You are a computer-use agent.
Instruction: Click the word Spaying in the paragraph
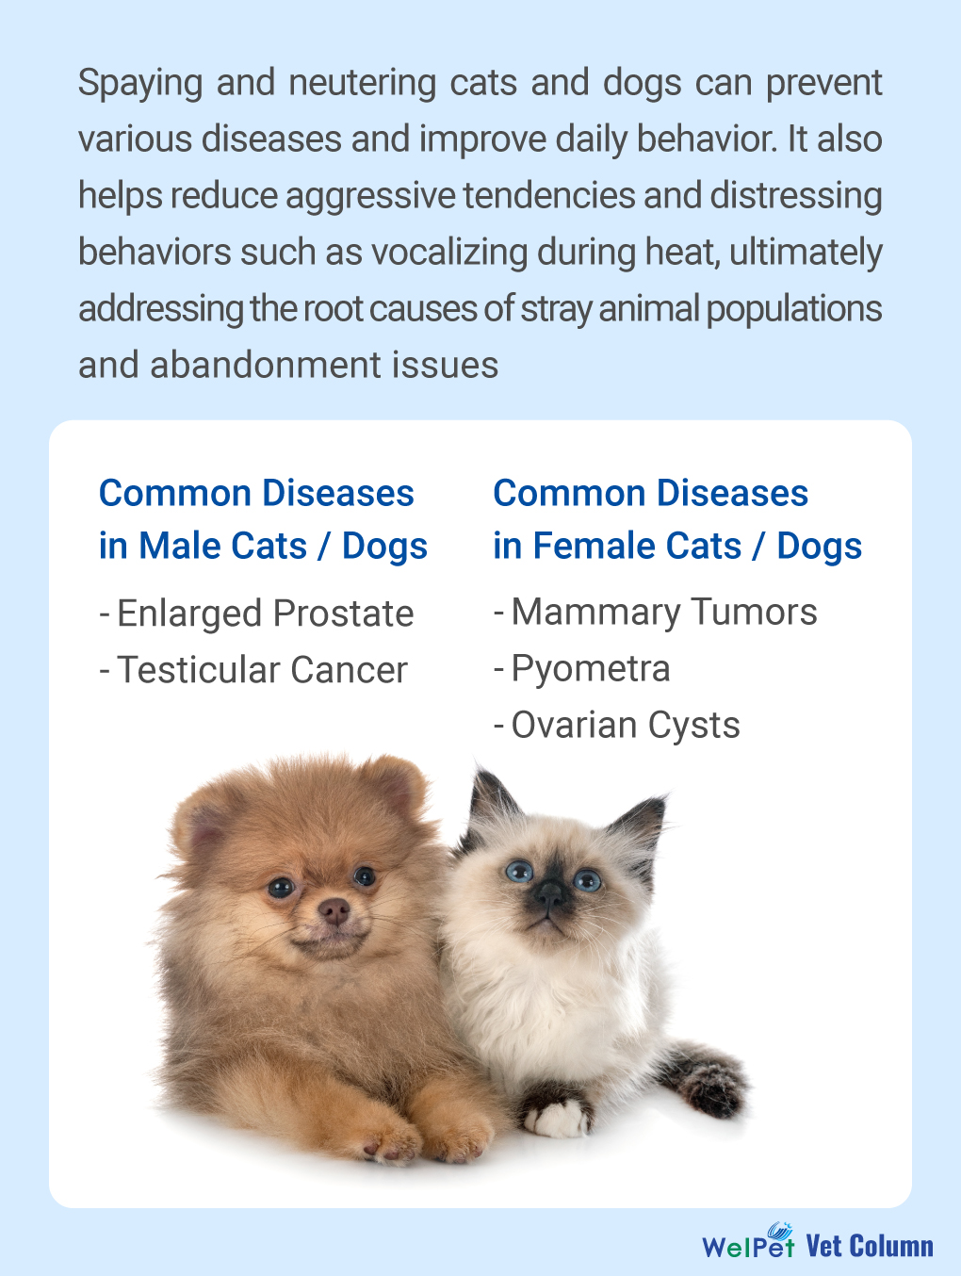tap(140, 84)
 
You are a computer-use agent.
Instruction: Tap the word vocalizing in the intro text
tap(448, 253)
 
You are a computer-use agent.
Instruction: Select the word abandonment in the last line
tap(266, 365)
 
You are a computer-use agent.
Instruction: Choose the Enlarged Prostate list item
tap(256, 613)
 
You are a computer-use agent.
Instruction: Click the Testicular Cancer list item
tap(253, 669)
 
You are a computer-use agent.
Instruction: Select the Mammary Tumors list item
tap(656, 613)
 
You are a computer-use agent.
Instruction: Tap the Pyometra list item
tap(581, 669)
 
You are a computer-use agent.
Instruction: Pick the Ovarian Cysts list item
tap(616, 726)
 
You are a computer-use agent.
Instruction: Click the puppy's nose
tap(334, 911)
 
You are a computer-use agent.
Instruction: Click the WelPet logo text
tap(748, 1247)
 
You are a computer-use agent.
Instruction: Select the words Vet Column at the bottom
tap(870, 1246)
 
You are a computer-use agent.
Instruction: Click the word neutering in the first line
tap(362, 84)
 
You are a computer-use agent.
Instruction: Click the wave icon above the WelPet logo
tap(780, 1229)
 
